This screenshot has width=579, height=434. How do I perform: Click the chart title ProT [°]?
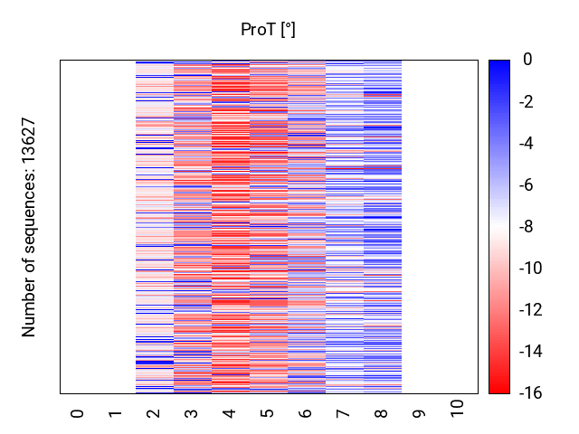pos(268,30)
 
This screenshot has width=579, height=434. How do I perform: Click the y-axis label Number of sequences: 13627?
pos(29,227)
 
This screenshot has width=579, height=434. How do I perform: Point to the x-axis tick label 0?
pos(78,413)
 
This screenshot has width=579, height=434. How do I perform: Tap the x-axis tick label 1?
pos(116,413)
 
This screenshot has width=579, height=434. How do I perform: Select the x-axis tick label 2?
pos(154,413)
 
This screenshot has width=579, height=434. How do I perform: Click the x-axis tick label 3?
pos(192,413)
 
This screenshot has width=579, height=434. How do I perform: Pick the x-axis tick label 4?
pos(230,413)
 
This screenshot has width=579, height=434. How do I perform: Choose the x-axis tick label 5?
pos(268,413)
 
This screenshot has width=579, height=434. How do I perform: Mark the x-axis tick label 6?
pos(306,413)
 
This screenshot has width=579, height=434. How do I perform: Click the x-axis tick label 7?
pos(344,413)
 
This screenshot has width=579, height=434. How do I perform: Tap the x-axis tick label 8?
pos(382,413)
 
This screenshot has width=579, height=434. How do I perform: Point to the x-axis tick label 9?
pos(420,413)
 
